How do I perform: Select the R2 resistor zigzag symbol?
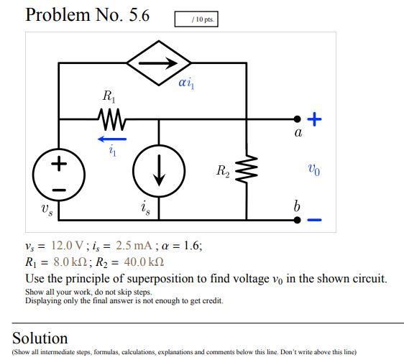247,170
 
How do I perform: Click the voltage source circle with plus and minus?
59,175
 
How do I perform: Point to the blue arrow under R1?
112,138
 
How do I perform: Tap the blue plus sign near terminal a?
316,119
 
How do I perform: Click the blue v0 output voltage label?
313,170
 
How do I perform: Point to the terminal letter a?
298,133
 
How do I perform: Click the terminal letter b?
296,206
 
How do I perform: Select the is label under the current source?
146,209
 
